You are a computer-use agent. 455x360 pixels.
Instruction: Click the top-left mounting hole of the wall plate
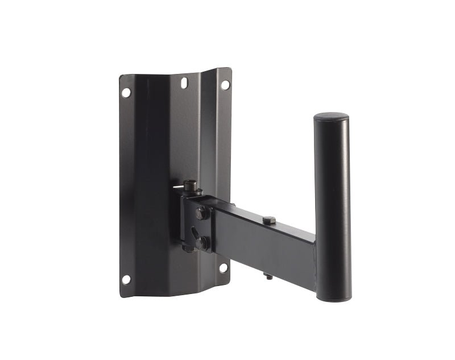click(126, 92)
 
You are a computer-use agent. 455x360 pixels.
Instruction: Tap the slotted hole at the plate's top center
click(184, 83)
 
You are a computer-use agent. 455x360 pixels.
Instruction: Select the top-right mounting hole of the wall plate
click(225, 85)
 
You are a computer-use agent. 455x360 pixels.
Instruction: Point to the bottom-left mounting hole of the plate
click(126, 279)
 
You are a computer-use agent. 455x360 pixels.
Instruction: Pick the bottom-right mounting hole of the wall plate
click(224, 267)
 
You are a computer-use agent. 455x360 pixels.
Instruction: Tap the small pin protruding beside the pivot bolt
click(177, 187)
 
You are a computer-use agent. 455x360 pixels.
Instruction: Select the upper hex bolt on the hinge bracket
click(201, 213)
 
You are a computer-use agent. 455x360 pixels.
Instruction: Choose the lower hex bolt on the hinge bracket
click(202, 242)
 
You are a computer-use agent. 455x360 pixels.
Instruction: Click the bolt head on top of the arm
click(268, 220)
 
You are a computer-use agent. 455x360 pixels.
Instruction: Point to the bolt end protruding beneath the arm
click(268, 276)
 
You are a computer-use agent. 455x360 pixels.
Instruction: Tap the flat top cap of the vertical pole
click(331, 117)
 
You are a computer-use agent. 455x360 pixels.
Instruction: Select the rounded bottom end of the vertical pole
click(334, 296)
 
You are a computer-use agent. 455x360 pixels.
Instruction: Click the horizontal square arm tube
click(262, 242)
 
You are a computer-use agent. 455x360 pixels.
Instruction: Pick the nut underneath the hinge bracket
click(188, 249)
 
